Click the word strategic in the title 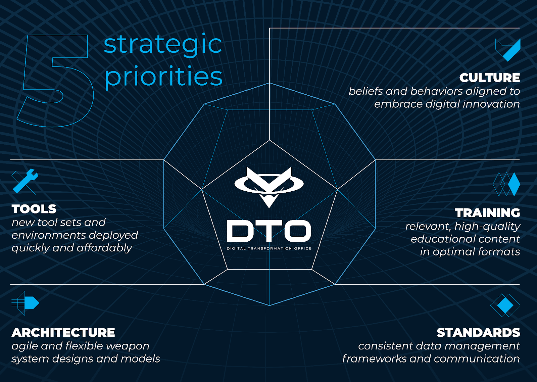coord(163,45)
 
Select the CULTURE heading coord(490,78)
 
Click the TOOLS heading coord(34,209)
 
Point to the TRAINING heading coord(487,213)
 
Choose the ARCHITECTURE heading coord(63,333)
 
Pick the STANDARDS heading coord(478,333)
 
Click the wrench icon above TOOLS coord(25,181)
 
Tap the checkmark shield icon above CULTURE coord(508,50)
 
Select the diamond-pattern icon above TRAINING coord(506,184)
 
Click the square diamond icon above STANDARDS coord(505,305)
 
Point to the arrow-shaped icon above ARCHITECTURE coord(26,303)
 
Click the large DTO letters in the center coord(269,231)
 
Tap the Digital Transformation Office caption coord(269,248)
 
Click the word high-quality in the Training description coord(487,227)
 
